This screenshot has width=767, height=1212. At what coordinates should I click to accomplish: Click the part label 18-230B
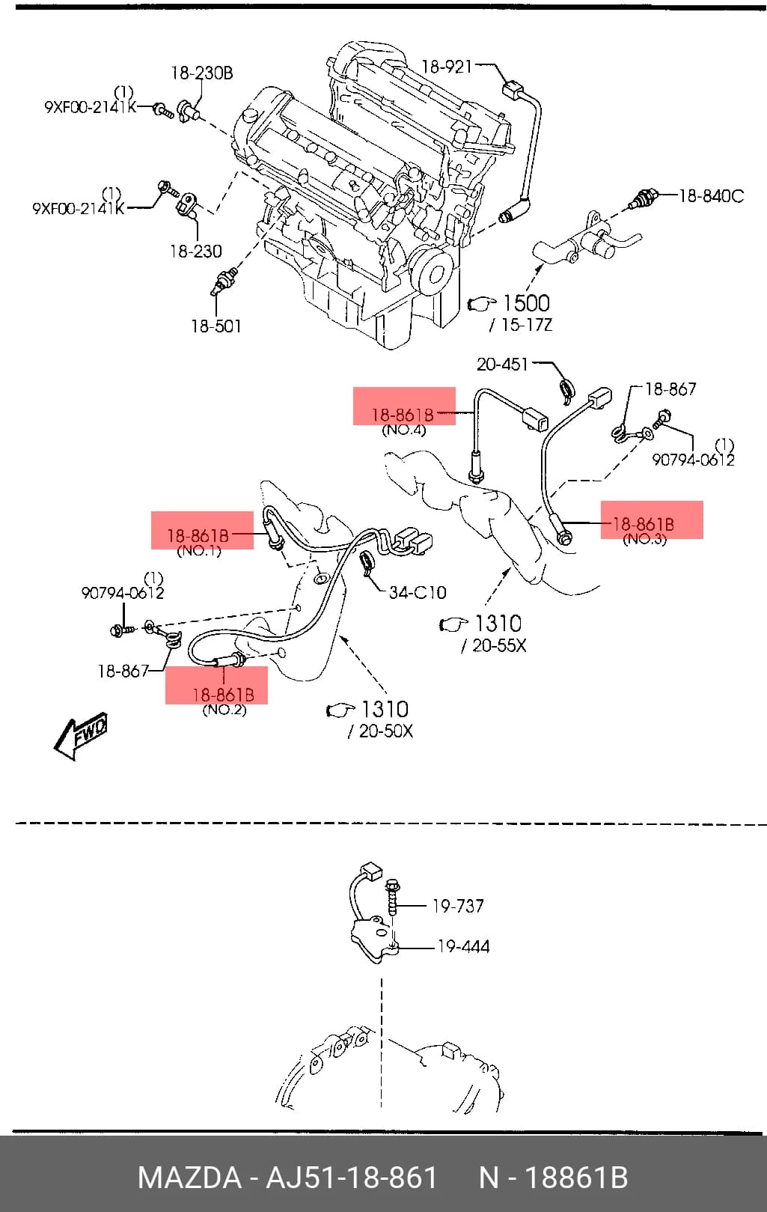[x=202, y=73]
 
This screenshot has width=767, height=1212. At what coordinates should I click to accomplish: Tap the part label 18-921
[x=447, y=67]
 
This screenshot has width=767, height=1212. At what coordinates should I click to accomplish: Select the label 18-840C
[x=712, y=196]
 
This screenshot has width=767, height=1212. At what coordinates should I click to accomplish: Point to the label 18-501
[x=216, y=326]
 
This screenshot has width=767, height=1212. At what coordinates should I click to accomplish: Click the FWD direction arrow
[x=81, y=736]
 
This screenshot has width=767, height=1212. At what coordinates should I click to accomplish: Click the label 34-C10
[x=418, y=592]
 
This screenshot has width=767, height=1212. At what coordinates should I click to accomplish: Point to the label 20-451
[x=502, y=364]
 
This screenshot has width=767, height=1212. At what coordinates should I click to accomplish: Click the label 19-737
[x=458, y=906]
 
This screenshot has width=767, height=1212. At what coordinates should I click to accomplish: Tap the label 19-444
[x=463, y=946]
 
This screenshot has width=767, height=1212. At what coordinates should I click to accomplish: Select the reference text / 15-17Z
[x=521, y=325]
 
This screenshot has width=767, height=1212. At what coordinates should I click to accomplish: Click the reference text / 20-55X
[x=493, y=645]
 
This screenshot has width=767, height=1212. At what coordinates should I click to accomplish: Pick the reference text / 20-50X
[x=380, y=731]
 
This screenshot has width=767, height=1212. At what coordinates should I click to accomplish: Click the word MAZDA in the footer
[x=189, y=1178]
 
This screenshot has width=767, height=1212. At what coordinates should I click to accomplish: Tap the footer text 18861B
[x=577, y=1178]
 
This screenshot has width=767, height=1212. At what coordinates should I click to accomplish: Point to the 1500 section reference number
[x=526, y=303]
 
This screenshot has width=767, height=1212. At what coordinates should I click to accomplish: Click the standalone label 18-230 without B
[x=196, y=251]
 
